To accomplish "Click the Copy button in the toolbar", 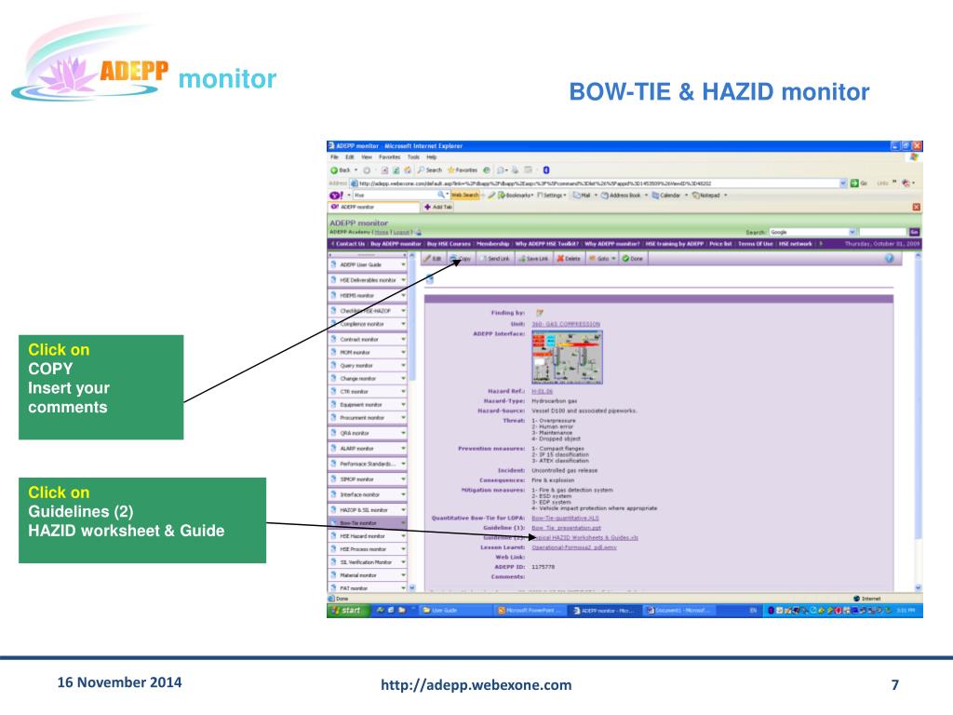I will point(461,258).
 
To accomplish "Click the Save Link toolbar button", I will point(533,258).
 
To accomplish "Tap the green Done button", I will point(633,258).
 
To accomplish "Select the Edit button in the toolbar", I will point(432,258).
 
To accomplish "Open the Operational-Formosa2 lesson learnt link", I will point(573,547).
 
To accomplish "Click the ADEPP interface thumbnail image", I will point(567,357).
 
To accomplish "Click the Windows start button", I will point(346,611).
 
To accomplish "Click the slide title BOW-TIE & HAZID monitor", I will point(718,92).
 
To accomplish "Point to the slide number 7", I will point(895,686).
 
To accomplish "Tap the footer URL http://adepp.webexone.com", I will point(476,686).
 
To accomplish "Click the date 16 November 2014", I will point(119,683).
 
